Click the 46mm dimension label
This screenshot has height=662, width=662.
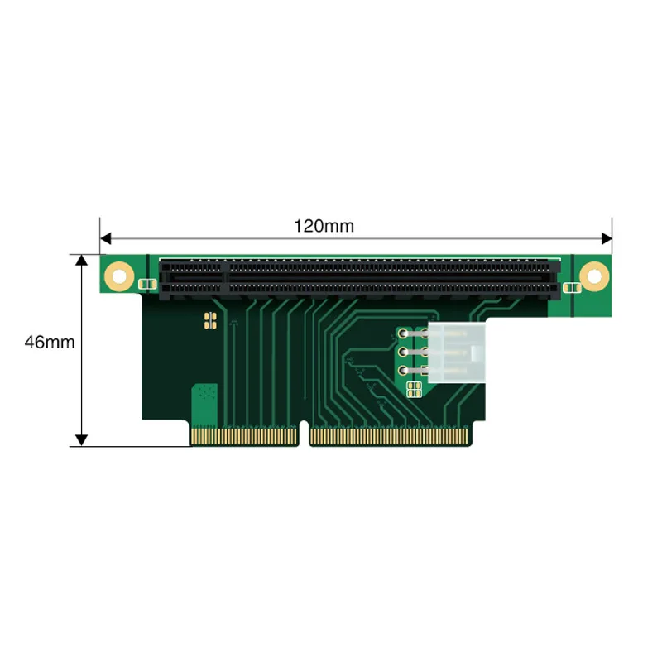click(x=50, y=342)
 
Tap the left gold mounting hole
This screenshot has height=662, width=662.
click(x=119, y=275)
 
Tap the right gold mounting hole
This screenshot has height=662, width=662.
click(x=592, y=276)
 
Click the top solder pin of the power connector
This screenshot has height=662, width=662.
click(x=403, y=335)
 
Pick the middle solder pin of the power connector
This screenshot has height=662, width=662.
click(x=403, y=353)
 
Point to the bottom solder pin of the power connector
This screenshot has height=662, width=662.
click(x=403, y=372)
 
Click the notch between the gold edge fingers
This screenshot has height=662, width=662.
click(x=303, y=435)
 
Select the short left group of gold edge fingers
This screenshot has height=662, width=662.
click(x=243, y=435)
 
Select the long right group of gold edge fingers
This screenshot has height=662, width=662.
click(x=389, y=435)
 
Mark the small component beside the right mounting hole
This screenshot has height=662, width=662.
click(x=568, y=287)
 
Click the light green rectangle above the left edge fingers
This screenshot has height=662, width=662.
click(x=204, y=405)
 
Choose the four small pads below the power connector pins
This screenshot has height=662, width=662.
click(x=415, y=388)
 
